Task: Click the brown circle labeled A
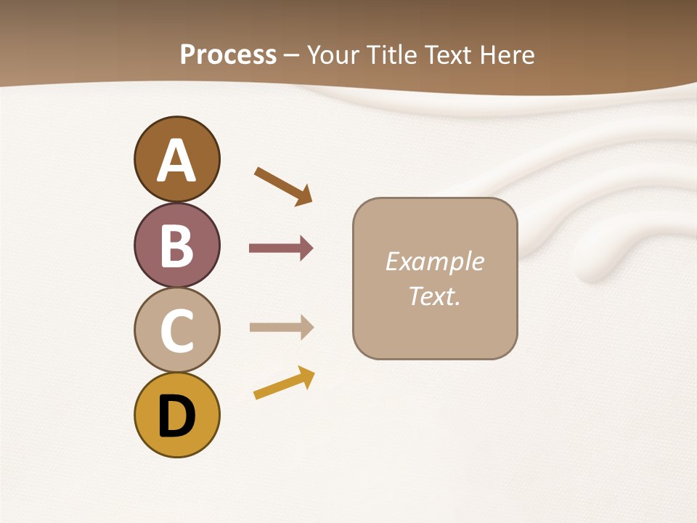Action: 176,159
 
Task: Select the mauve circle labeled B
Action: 176,245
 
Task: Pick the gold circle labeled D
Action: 176,415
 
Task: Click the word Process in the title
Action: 228,55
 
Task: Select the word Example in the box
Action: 434,261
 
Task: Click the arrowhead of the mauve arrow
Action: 306,248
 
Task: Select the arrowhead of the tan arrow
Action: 306,327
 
